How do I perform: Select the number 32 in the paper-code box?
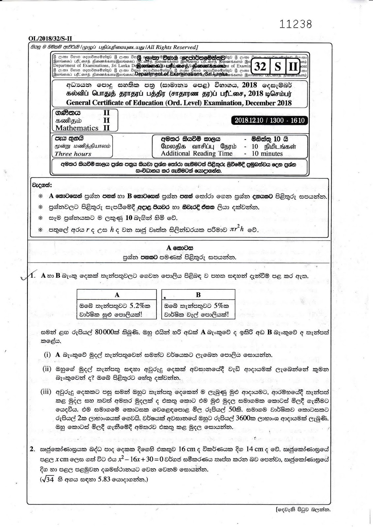click(x=260, y=67)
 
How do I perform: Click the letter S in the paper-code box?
click(x=278, y=67)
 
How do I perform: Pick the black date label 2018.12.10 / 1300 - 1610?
click(x=269, y=121)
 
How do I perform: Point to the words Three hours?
click(x=73, y=154)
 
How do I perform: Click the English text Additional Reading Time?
click(x=197, y=153)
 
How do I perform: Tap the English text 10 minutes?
click(x=267, y=153)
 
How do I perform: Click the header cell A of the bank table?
click(x=117, y=295)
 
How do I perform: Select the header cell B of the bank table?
click(x=198, y=295)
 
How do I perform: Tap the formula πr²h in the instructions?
click(x=237, y=230)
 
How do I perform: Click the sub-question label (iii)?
click(x=46, y=392)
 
